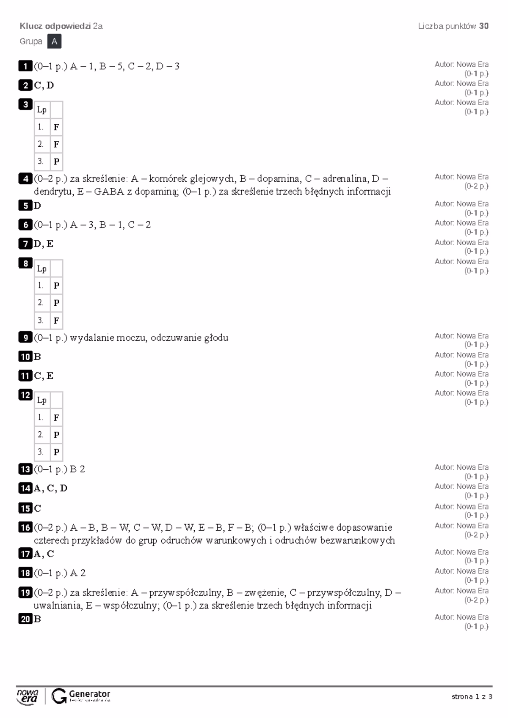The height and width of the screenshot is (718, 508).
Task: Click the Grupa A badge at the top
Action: (54, 41)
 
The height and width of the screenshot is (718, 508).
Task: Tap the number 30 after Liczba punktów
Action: (484, 26)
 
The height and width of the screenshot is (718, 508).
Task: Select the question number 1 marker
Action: (25, 66)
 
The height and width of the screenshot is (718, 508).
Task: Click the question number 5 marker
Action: (25, 206)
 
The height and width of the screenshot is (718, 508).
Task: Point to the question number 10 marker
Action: (25, 356)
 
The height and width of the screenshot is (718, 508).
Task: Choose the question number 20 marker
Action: (25, 619)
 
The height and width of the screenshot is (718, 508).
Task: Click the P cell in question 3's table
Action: (56, 162)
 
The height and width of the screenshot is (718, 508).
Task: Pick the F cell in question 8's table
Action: (56, 320)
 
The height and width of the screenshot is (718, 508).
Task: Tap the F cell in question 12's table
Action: (56, 417)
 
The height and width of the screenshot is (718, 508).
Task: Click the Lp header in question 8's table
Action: (42, 269)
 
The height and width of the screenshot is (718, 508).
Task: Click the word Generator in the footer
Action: (89, 694)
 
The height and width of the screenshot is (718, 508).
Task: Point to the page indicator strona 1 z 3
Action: (472, 696)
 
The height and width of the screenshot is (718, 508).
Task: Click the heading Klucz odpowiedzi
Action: (55, 26)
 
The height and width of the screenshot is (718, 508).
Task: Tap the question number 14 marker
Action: (25, 488)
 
